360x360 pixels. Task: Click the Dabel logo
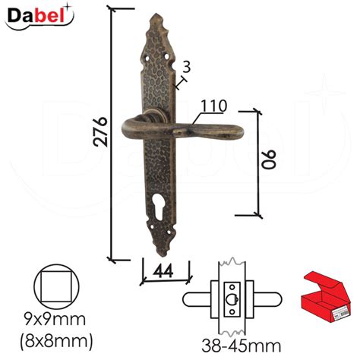click(39, 16)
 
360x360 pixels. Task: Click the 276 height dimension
click(100, 131)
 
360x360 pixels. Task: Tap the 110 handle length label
click(214, 106)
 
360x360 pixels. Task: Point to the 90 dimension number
click(269, 159)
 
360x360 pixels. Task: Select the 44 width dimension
click(164, 271)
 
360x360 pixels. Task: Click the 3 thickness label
click(186, 67)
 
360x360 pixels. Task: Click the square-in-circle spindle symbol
click(56, 287)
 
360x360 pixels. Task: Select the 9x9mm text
click(55, 320)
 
